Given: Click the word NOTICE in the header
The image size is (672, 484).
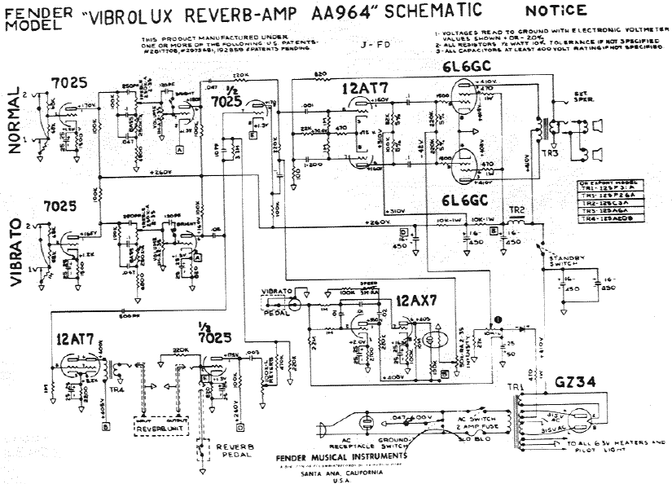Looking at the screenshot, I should [556, 11].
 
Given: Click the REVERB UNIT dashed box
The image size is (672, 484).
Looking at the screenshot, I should [160, 427].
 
